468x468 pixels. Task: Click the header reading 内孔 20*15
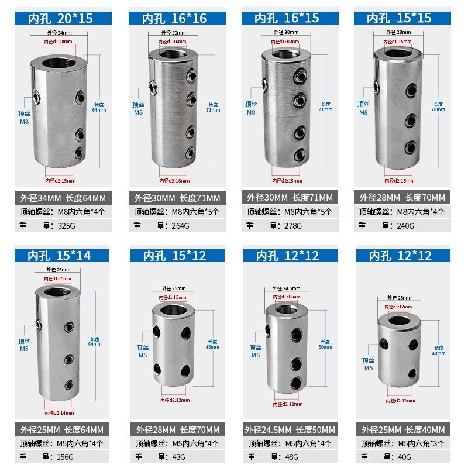pos(60,18)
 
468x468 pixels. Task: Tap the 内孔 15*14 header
pos(60,255)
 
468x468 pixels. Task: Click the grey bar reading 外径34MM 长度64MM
pos(61,197)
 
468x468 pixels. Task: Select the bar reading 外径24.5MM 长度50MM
pos(290,429)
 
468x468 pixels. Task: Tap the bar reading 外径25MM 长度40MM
pos(402,429)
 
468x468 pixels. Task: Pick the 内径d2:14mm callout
pos(57,413)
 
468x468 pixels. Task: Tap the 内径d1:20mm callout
pos(58,42)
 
